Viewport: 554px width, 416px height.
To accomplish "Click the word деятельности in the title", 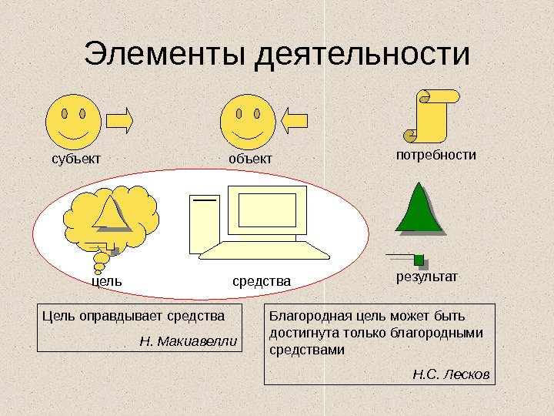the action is [x=361, y=55].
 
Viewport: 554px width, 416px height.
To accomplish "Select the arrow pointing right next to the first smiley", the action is [x=120, y=121].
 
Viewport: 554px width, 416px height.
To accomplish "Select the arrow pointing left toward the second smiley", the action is [x=295, y=121].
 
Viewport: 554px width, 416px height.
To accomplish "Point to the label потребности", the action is [x=436, y=155].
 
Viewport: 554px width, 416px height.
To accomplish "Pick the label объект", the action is [x=250, y=159].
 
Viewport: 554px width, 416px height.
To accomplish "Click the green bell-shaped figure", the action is [x=419, y=208].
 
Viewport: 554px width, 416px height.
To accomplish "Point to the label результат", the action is [x=426, y=275].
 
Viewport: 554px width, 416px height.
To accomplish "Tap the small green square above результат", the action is [x=419, y=258].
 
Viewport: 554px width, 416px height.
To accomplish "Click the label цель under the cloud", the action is [x=107, y=282].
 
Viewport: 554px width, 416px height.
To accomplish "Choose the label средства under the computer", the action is [x=262, y=282].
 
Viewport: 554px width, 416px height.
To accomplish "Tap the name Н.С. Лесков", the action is [x=451, y=374].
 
